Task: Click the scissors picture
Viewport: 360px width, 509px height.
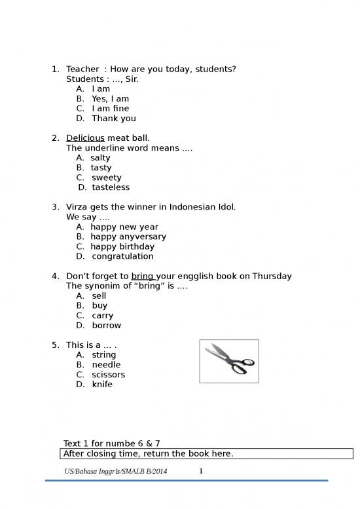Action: [228, 360]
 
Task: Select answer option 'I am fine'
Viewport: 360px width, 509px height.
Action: [110, 109]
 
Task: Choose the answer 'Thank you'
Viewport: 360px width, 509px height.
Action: [114, 119]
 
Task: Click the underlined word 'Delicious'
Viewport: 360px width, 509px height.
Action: [85, 138]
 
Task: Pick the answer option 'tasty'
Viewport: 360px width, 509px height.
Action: [101, 168]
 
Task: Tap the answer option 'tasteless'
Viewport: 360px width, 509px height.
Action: [111, 187]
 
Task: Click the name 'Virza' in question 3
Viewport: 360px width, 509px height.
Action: [79, 207]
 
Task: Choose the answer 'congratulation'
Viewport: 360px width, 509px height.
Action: [122, 256]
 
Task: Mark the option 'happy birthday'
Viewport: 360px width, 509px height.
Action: [122, 246]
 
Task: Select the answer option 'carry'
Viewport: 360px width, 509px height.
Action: [103, 315]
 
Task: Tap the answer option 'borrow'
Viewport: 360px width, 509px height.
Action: [106, 325]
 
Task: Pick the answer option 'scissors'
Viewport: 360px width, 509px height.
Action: [108, 375]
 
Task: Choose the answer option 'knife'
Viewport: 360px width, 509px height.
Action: [102, 385]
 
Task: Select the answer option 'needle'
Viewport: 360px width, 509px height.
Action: [106, 365]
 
